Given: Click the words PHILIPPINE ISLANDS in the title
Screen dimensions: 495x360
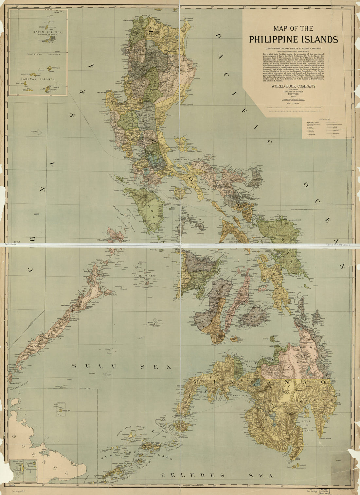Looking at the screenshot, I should (x=294, y=40).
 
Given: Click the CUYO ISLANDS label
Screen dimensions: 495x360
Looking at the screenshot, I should (x=146, y=276).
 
